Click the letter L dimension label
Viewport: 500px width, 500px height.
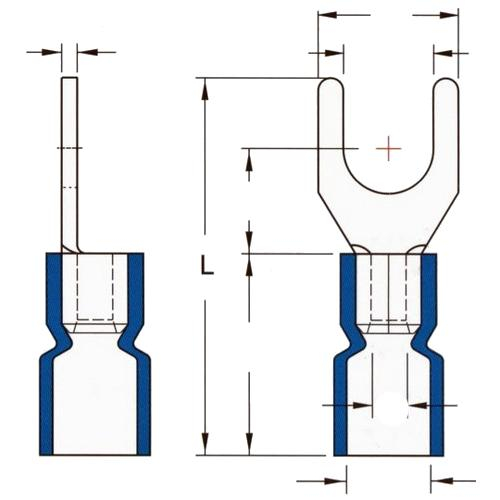click(207, 265)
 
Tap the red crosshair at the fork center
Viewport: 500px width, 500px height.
click(388, 148)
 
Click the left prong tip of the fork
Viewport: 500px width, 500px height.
click(331, 78)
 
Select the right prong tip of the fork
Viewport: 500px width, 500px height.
click(446, 78)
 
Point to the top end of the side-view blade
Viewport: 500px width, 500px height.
click(70, 78)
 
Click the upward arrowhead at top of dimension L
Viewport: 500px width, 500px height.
click(205, 89)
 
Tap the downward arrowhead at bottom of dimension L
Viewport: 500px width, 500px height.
click(205, 444)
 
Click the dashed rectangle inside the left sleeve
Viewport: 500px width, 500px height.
click(95, 287)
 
